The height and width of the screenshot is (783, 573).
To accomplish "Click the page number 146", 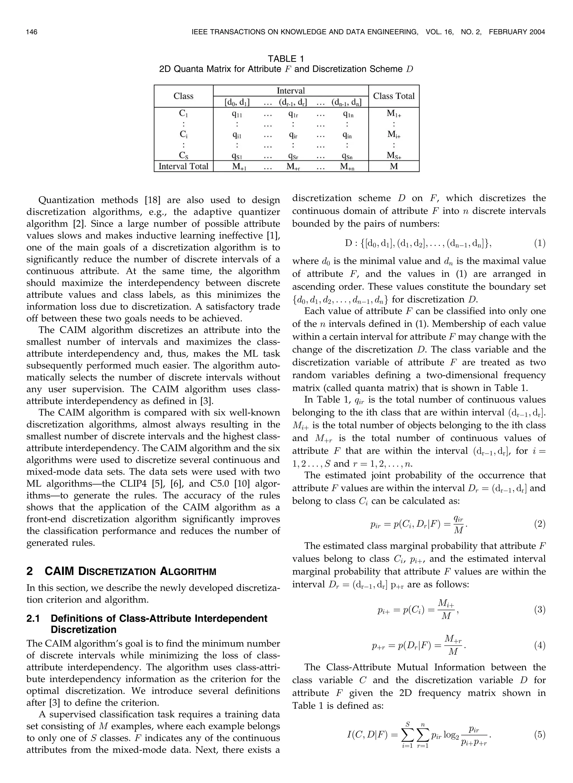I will (x=32, y=32).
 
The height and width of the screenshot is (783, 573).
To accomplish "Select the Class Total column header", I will (x=394, y=96).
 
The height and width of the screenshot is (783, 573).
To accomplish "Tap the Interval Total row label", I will (x=183, y=166).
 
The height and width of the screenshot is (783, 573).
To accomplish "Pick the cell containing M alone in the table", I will (x=394, y=166).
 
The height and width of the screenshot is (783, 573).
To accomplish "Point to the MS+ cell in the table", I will (x=394, y=155).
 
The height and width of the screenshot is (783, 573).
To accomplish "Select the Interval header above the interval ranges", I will (x=291, y=90).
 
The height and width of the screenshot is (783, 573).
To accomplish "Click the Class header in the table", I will (x=183, y=96).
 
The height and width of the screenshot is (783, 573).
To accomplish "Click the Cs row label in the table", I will (x=183, y=155).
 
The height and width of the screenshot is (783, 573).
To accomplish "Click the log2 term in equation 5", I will (x=450, y=735).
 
